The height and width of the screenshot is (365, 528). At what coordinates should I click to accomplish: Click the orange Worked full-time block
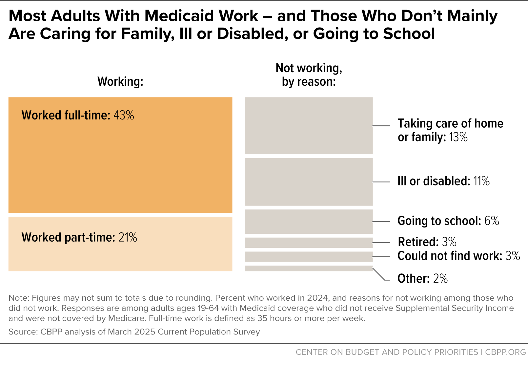(120, 155)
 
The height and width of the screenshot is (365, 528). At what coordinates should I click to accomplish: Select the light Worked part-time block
(120, 244)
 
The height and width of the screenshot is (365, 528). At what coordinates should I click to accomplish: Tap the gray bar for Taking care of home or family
(309, 126)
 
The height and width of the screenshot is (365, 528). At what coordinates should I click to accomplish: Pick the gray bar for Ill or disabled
(309, 182)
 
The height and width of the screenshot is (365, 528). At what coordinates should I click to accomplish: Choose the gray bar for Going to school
(309, 222)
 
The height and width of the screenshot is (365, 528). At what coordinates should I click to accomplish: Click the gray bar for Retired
(309, 243)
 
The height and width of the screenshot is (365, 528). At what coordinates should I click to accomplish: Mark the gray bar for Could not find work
(309, 257)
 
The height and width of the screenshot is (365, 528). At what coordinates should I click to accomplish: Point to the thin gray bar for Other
(309, 268)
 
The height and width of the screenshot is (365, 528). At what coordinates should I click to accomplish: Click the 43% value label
(124, 115)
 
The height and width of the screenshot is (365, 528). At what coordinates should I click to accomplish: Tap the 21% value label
(128, 237)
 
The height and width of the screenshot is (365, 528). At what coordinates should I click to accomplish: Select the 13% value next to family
(458, 137)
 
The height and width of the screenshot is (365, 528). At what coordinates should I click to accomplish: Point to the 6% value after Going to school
(492, 221)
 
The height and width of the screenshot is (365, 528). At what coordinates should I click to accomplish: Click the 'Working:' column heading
(120, 82)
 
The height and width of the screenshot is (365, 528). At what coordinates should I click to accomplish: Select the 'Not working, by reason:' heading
(309, 75)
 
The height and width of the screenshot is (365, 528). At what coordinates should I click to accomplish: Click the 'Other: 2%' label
(423, 279)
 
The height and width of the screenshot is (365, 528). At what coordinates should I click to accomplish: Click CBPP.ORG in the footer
(505, 352)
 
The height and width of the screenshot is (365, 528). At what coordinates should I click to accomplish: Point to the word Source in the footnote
(23, 332)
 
